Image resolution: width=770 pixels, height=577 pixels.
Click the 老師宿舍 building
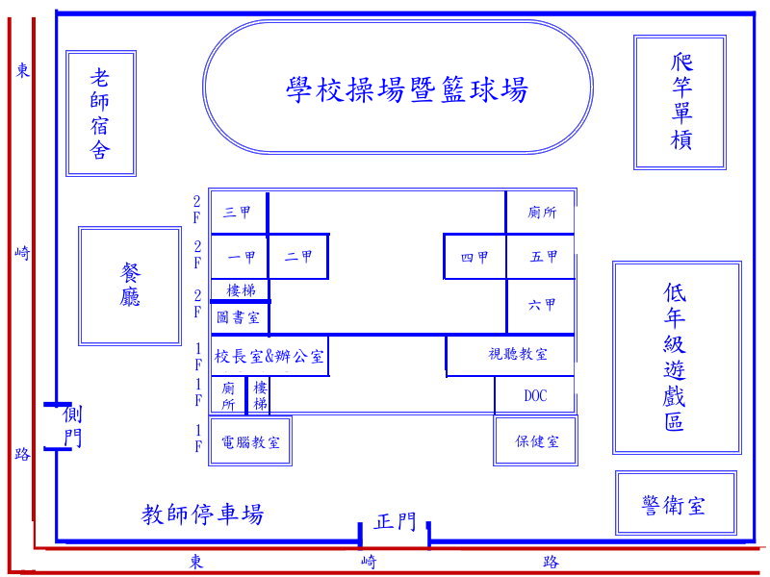coord(100,113)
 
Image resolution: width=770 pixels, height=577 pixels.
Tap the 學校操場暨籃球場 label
coord(407,89)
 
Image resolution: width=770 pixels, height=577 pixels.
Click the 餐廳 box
coord(130,286)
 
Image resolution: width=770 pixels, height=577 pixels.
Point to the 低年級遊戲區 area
coord(676,357)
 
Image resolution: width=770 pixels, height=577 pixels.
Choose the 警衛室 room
coord(675,504)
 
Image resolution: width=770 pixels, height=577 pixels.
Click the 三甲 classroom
coord(238,213)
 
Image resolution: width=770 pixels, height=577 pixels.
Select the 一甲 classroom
coord(242,257)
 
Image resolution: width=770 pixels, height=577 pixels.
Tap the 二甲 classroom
coord(298,257)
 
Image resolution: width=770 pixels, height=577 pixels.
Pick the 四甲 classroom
coord(475,257)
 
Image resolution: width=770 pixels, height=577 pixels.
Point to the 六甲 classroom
coord(542,305)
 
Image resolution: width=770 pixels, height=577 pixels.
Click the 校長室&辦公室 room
coord(269,356)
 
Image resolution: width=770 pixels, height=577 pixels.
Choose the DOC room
coord(535,395)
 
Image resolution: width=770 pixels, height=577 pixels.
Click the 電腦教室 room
coord(250,442)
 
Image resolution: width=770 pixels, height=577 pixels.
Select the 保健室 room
coord(537,441)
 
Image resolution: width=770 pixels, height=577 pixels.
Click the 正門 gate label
coord(396,522)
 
